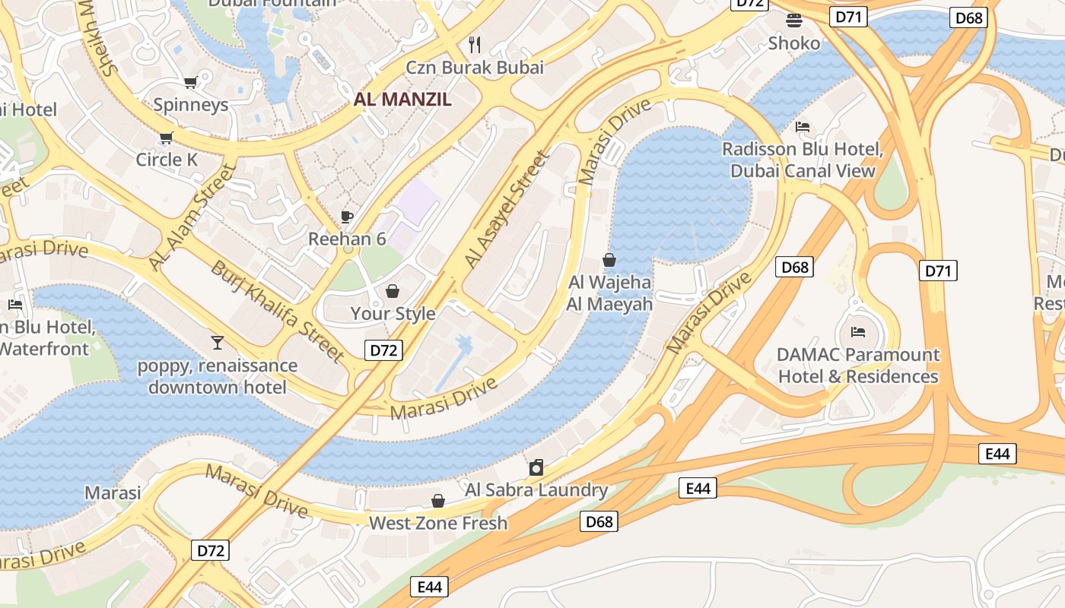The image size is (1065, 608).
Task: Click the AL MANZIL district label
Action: click(402, 99)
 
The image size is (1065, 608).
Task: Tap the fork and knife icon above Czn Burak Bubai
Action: click(475, 44)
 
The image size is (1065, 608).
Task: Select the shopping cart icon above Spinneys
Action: click(190, 82)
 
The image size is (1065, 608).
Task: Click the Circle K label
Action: click(167, 160)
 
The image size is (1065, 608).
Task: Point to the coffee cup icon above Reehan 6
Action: click(347, 217)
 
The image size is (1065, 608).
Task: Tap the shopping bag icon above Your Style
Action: click(393, 291)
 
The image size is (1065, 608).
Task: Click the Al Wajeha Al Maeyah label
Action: click(609, 293)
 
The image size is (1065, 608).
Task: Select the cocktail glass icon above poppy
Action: click(218, 343)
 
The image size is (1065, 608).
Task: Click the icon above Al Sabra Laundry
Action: click(536, 467)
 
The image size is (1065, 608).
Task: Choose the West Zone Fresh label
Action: click(437, 523)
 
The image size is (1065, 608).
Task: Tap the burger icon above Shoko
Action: click(794, 20)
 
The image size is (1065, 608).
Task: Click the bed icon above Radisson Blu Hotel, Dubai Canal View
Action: click(803, 126)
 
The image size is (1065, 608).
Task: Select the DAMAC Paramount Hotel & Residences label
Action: click(857, 366)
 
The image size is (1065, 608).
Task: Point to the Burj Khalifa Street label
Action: click(278, 312)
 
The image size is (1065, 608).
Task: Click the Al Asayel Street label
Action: click(506, 210)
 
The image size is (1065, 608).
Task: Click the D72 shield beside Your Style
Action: click(383, 350)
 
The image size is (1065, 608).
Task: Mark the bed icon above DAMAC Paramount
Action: click(858, 331)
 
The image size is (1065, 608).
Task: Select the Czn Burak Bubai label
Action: click(475, 67)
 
